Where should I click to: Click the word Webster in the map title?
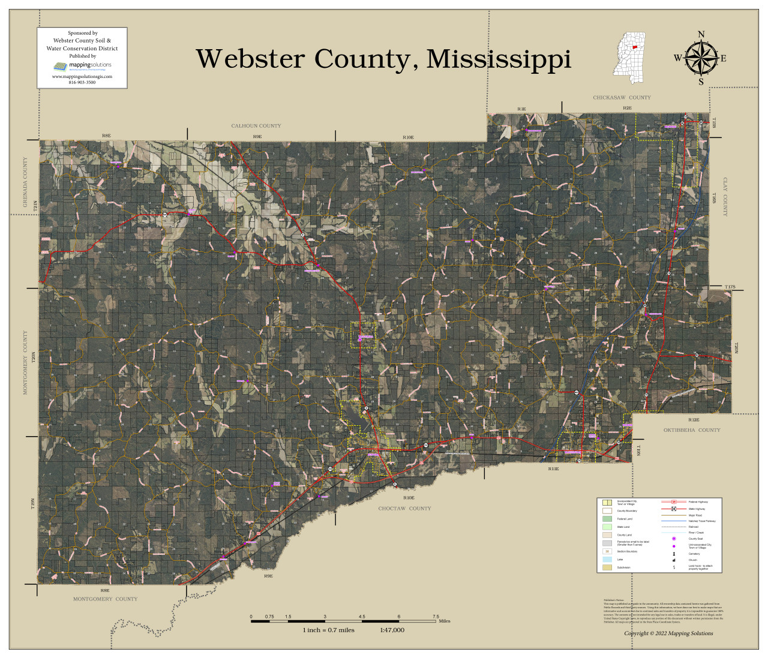[251, 59]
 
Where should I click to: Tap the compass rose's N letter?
[701, 34]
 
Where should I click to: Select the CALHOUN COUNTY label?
[256, 126]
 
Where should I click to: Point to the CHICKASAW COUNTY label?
[622, 98]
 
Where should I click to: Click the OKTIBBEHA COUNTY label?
[691, 430]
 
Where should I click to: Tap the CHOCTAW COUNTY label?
[404, 509]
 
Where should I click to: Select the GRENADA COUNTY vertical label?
[25, 182]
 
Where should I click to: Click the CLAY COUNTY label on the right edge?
[725, 197]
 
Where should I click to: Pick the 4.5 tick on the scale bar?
[362, 617]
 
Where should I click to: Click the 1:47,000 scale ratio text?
[392, 630]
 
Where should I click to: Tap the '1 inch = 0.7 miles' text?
[328, 630]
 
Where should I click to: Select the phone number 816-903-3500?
[82, 82]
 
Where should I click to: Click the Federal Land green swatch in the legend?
[607, 519]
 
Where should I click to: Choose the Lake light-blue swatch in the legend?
[607, 559]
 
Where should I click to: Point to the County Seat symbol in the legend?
[674, 539]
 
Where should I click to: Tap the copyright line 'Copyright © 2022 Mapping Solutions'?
[668, 633]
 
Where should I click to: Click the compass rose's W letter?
[677, 58]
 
